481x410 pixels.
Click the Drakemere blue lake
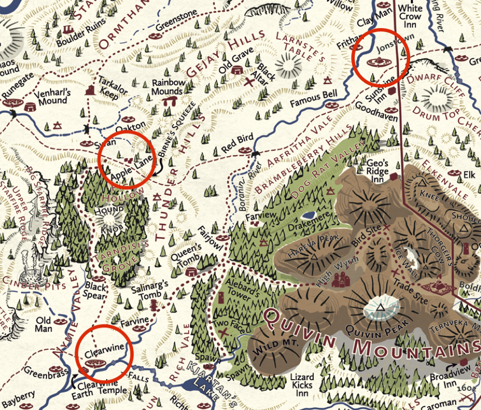(308, 215)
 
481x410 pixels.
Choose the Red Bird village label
(237, 139)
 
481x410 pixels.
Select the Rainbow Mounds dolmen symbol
(168, 102)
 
